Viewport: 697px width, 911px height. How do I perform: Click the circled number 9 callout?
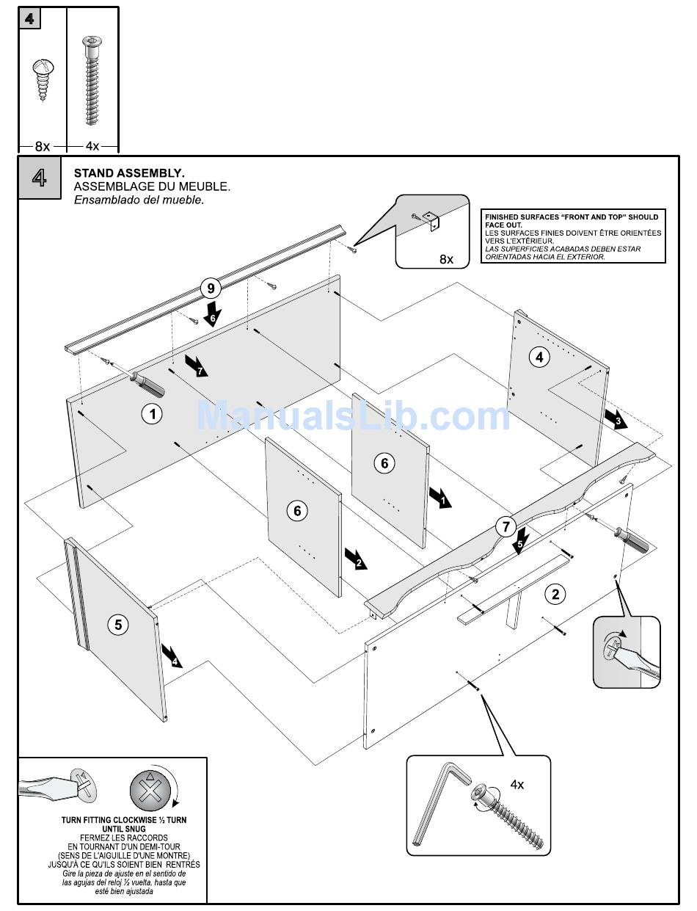click(211, 288)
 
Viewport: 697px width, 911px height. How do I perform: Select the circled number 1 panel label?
click(152, 414)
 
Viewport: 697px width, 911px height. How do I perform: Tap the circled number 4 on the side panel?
click(539, 357)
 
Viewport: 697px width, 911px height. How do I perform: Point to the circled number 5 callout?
click(117, 625)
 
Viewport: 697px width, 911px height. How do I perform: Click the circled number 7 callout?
click(506, 526)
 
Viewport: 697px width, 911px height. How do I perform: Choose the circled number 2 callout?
click(555, 594)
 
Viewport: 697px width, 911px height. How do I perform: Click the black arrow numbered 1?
click(441, 497)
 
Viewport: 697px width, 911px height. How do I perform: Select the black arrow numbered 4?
click(172, 656)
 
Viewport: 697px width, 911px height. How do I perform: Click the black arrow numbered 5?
click(520, 542)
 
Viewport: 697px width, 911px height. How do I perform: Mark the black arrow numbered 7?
click(197, 366)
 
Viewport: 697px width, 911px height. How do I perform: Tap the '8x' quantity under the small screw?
click(42, 146)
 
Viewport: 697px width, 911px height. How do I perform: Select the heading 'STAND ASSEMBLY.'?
click(129, 173)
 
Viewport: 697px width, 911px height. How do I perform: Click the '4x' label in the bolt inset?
click(517, 784)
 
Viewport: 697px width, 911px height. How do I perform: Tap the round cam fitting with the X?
click(150, 791)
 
